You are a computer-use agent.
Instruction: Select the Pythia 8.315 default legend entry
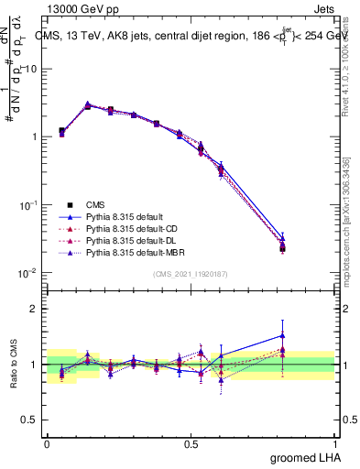tap(125, 216)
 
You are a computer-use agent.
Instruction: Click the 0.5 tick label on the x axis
tap(191, 443)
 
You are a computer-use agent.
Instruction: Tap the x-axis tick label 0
tap(48, 443)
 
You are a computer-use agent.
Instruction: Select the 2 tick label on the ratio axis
tap(34, 309)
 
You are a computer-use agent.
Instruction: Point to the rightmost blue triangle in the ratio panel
tap(283, 334)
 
